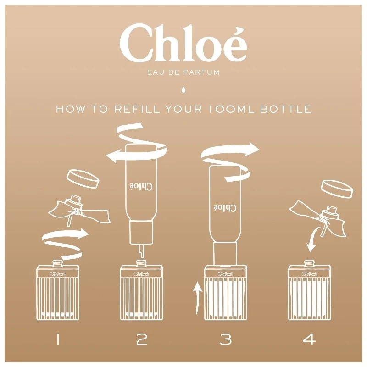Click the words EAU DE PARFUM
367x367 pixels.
coord(183,72)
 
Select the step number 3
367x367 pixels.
coord(225,339)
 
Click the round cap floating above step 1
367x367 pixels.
coord(83,179)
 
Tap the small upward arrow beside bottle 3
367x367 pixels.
coord(197,298)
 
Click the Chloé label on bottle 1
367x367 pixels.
coord(57,274)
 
